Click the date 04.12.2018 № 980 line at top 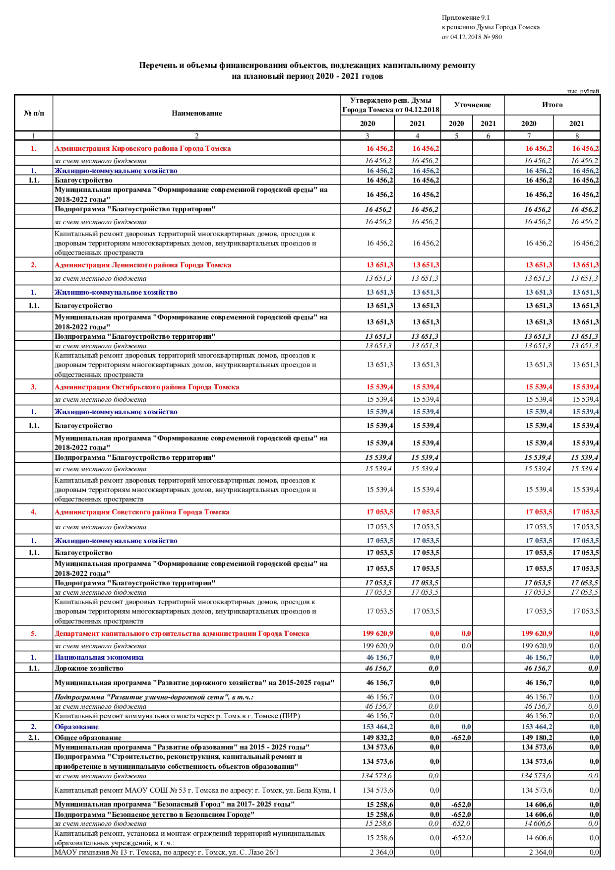tap(471, 37)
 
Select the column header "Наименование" tap(196, 113)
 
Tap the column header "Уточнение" tap(472, 105)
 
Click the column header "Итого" tap(552, 105)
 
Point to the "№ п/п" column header tap(34, 113)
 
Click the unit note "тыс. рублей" tap(583, 91)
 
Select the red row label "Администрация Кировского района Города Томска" tap(143, 148)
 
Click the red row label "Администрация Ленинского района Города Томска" tap(143, 265)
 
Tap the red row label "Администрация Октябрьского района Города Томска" tap(147, 387)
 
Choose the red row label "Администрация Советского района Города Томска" tap(142, 512)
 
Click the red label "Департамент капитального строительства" tap(182, 633)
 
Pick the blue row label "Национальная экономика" tap(99, 657)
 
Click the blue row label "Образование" tap(76, 727)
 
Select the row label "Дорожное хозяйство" tap(89, 668)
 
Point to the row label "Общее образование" tap(88, 738)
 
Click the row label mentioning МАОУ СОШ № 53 tap(195, 790)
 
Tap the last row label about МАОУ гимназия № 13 tap(167, 852)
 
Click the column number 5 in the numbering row tap(456, 136)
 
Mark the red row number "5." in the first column tap(34, 633)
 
